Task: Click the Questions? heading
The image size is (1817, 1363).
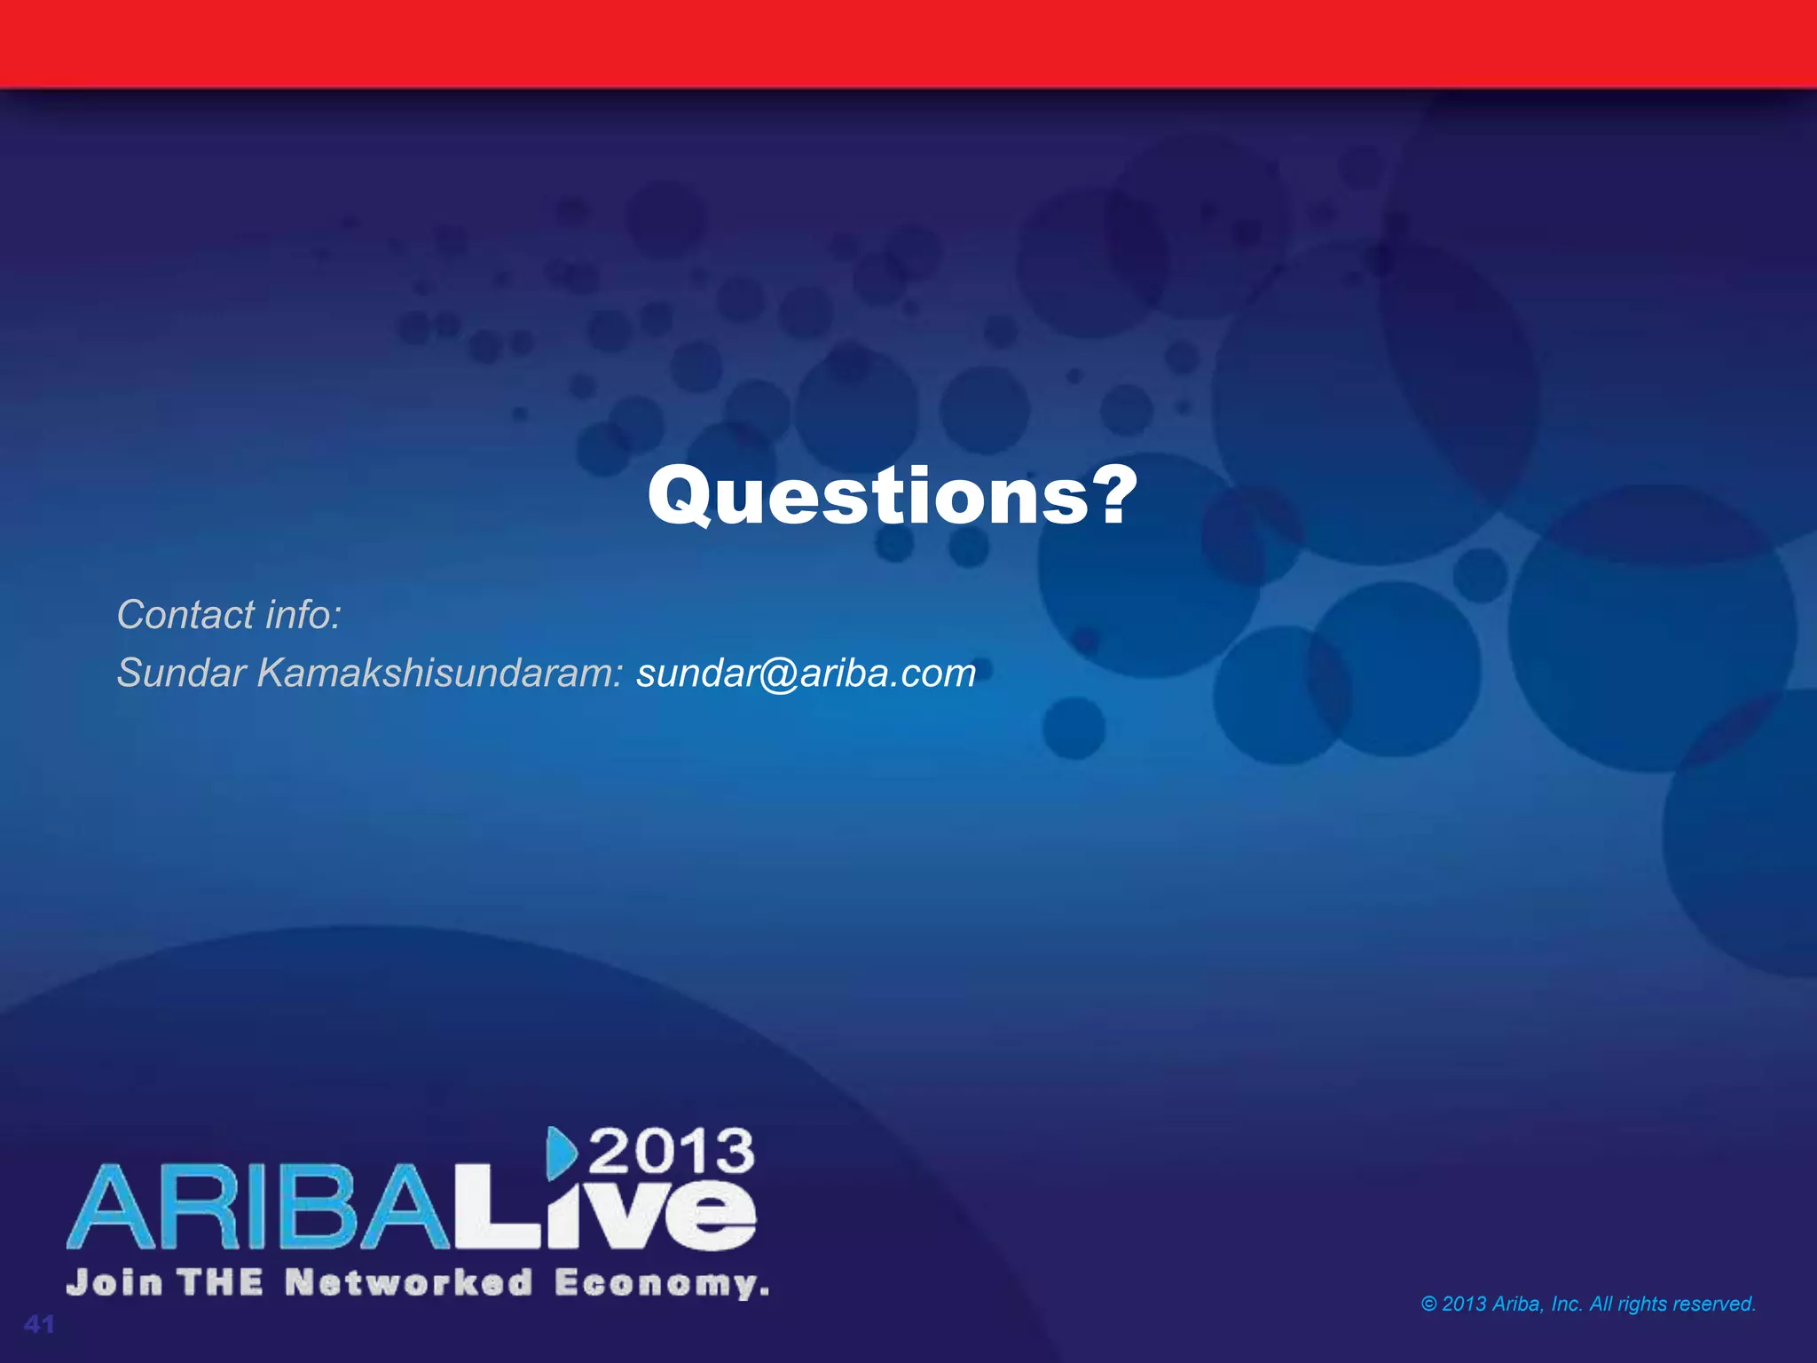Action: [892, 497]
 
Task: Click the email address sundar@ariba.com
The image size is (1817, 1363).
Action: [806, 673]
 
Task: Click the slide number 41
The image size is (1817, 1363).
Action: [40, 1325]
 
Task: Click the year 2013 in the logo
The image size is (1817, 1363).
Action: [672, 1152]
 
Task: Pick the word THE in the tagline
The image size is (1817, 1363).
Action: [221, 1283]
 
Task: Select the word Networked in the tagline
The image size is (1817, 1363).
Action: [409, 1283]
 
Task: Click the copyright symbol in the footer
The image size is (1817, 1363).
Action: [1429, 1304]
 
